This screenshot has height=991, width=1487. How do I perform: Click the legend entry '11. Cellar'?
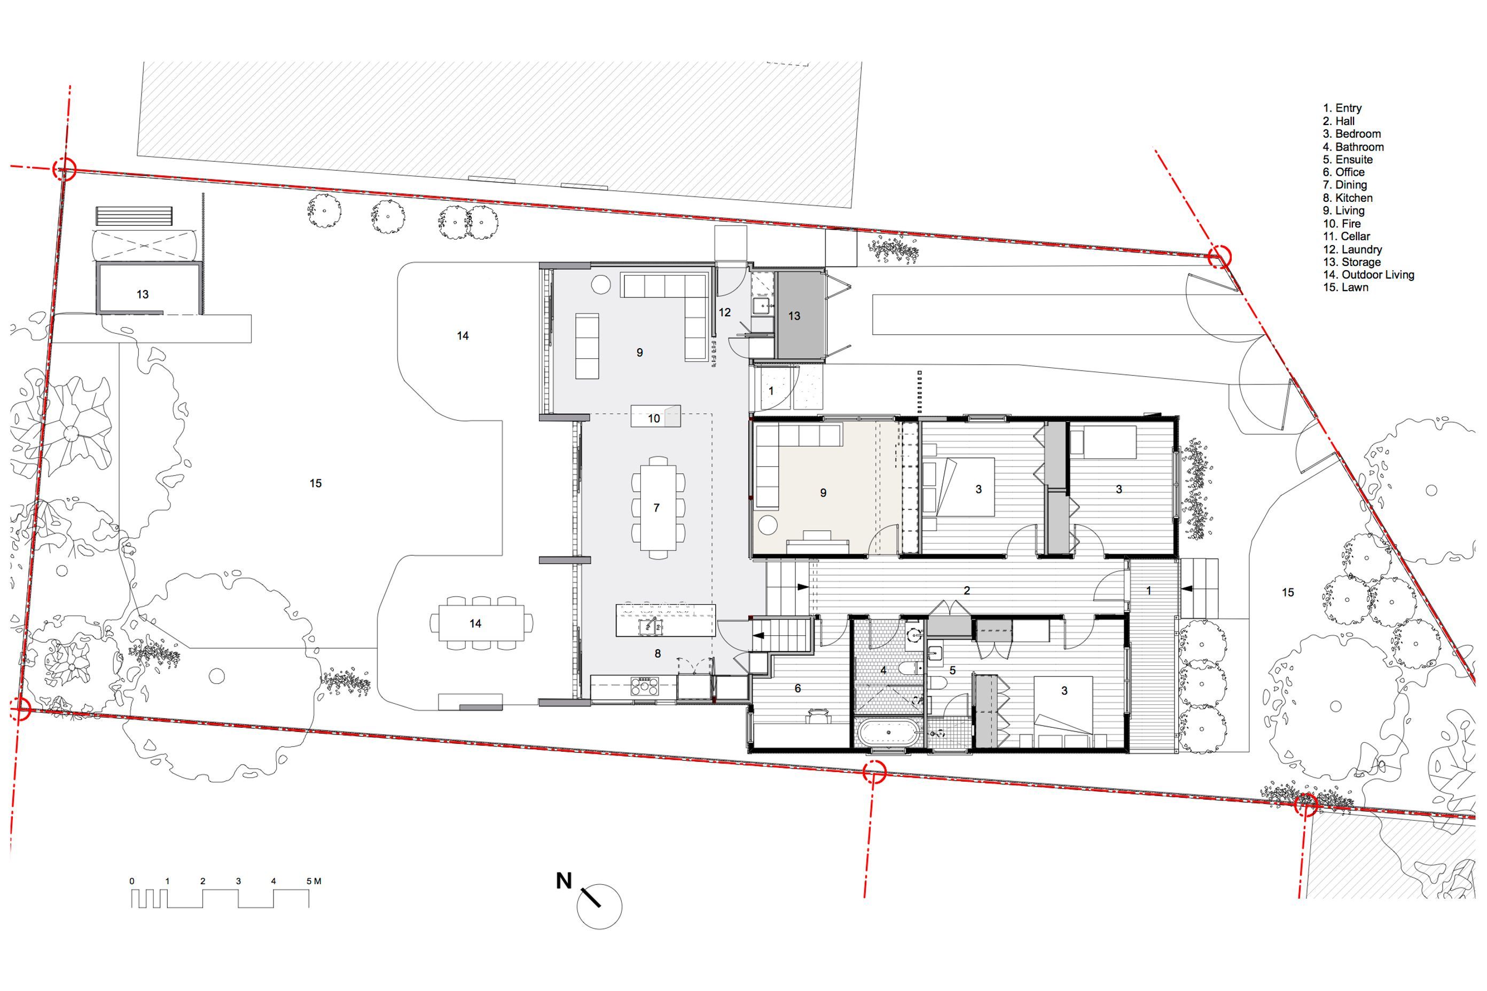(1347, 237)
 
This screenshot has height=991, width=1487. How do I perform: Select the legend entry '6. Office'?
(1343, 172)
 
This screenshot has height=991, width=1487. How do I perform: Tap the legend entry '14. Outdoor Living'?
(1369, 275)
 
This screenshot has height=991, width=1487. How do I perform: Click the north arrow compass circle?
(599, 906)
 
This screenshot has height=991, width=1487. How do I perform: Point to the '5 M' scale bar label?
(314, 881)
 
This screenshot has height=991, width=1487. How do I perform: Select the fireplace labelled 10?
(655, 416)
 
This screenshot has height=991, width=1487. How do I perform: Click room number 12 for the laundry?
(724, 312)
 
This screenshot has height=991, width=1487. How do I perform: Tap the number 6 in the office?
(798, 688)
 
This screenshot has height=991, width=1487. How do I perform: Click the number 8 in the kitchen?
(658, 654)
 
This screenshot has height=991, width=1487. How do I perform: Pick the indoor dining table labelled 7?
(658, 507)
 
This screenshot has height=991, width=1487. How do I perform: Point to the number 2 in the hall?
(967, 591)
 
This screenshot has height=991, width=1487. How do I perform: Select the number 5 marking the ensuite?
(952, 670)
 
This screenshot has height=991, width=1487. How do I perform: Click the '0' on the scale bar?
(132, 881)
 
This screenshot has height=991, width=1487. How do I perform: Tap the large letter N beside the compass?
(564, 880)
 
